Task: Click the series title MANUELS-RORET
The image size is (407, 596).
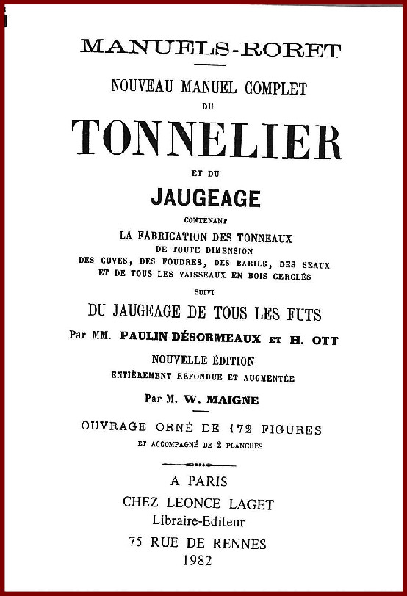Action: (x=210, y=49)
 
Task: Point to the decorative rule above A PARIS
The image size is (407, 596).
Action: (x=198, y=464)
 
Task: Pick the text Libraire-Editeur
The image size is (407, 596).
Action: (x=199, y=521)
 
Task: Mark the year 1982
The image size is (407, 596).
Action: (x=199, y=562)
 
